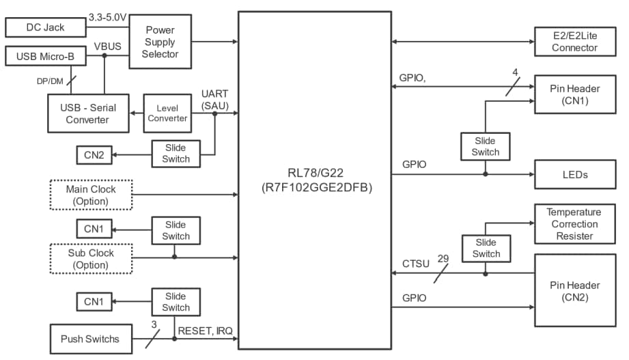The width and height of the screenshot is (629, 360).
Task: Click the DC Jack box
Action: click(x=45, y=27)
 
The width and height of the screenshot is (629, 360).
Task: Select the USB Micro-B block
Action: click(x=45, y=55)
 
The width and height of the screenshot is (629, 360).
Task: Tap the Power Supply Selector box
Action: click(x=159, y=42)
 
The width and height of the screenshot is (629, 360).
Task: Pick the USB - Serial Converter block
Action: click(x=87, y=113)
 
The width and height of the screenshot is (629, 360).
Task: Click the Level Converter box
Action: click(x=167, y=113)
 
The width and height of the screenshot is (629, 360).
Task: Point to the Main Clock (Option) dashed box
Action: click(x=91, y=195)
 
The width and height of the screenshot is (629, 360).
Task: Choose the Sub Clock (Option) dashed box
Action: click(x=91, y=259)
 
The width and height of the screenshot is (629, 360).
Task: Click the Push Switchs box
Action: click(x=89, y=339)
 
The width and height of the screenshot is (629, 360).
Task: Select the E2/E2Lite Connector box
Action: click(x=574, y=42)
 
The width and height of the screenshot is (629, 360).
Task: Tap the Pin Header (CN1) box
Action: click(x=574, y=95)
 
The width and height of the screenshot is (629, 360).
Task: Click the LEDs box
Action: click(x=574, y=174)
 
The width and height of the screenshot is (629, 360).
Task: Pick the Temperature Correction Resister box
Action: click(x=574, y=224)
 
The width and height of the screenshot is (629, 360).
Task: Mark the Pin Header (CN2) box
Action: click(x=574, y=290)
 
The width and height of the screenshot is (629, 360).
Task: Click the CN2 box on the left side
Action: click(x=94, y=156)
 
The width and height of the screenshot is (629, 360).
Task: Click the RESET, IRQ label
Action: click(x=205, y=331)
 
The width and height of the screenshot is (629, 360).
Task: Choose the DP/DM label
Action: click(x=49, y=81)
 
